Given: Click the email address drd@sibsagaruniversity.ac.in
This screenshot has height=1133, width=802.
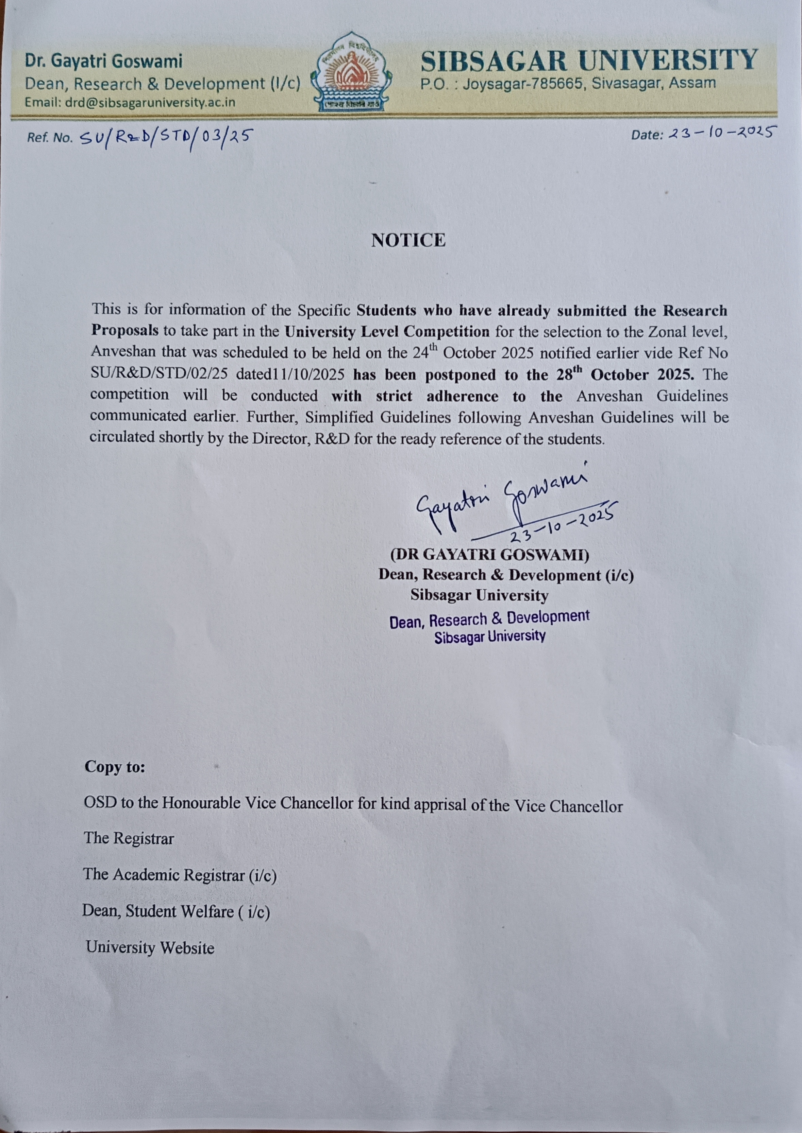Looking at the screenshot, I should coord(130,103).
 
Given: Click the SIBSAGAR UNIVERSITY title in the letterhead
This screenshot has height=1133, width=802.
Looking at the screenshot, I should coord(589,60).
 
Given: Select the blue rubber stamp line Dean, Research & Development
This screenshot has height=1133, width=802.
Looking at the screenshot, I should coord(489,619).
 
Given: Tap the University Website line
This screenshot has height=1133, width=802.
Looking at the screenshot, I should coord(150,947).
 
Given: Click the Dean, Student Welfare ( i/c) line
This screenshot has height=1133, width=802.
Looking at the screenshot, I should coord(176,911).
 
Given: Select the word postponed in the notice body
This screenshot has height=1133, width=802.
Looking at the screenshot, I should coord(463,374).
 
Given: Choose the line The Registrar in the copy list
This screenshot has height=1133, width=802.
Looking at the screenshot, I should coord(129,838).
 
